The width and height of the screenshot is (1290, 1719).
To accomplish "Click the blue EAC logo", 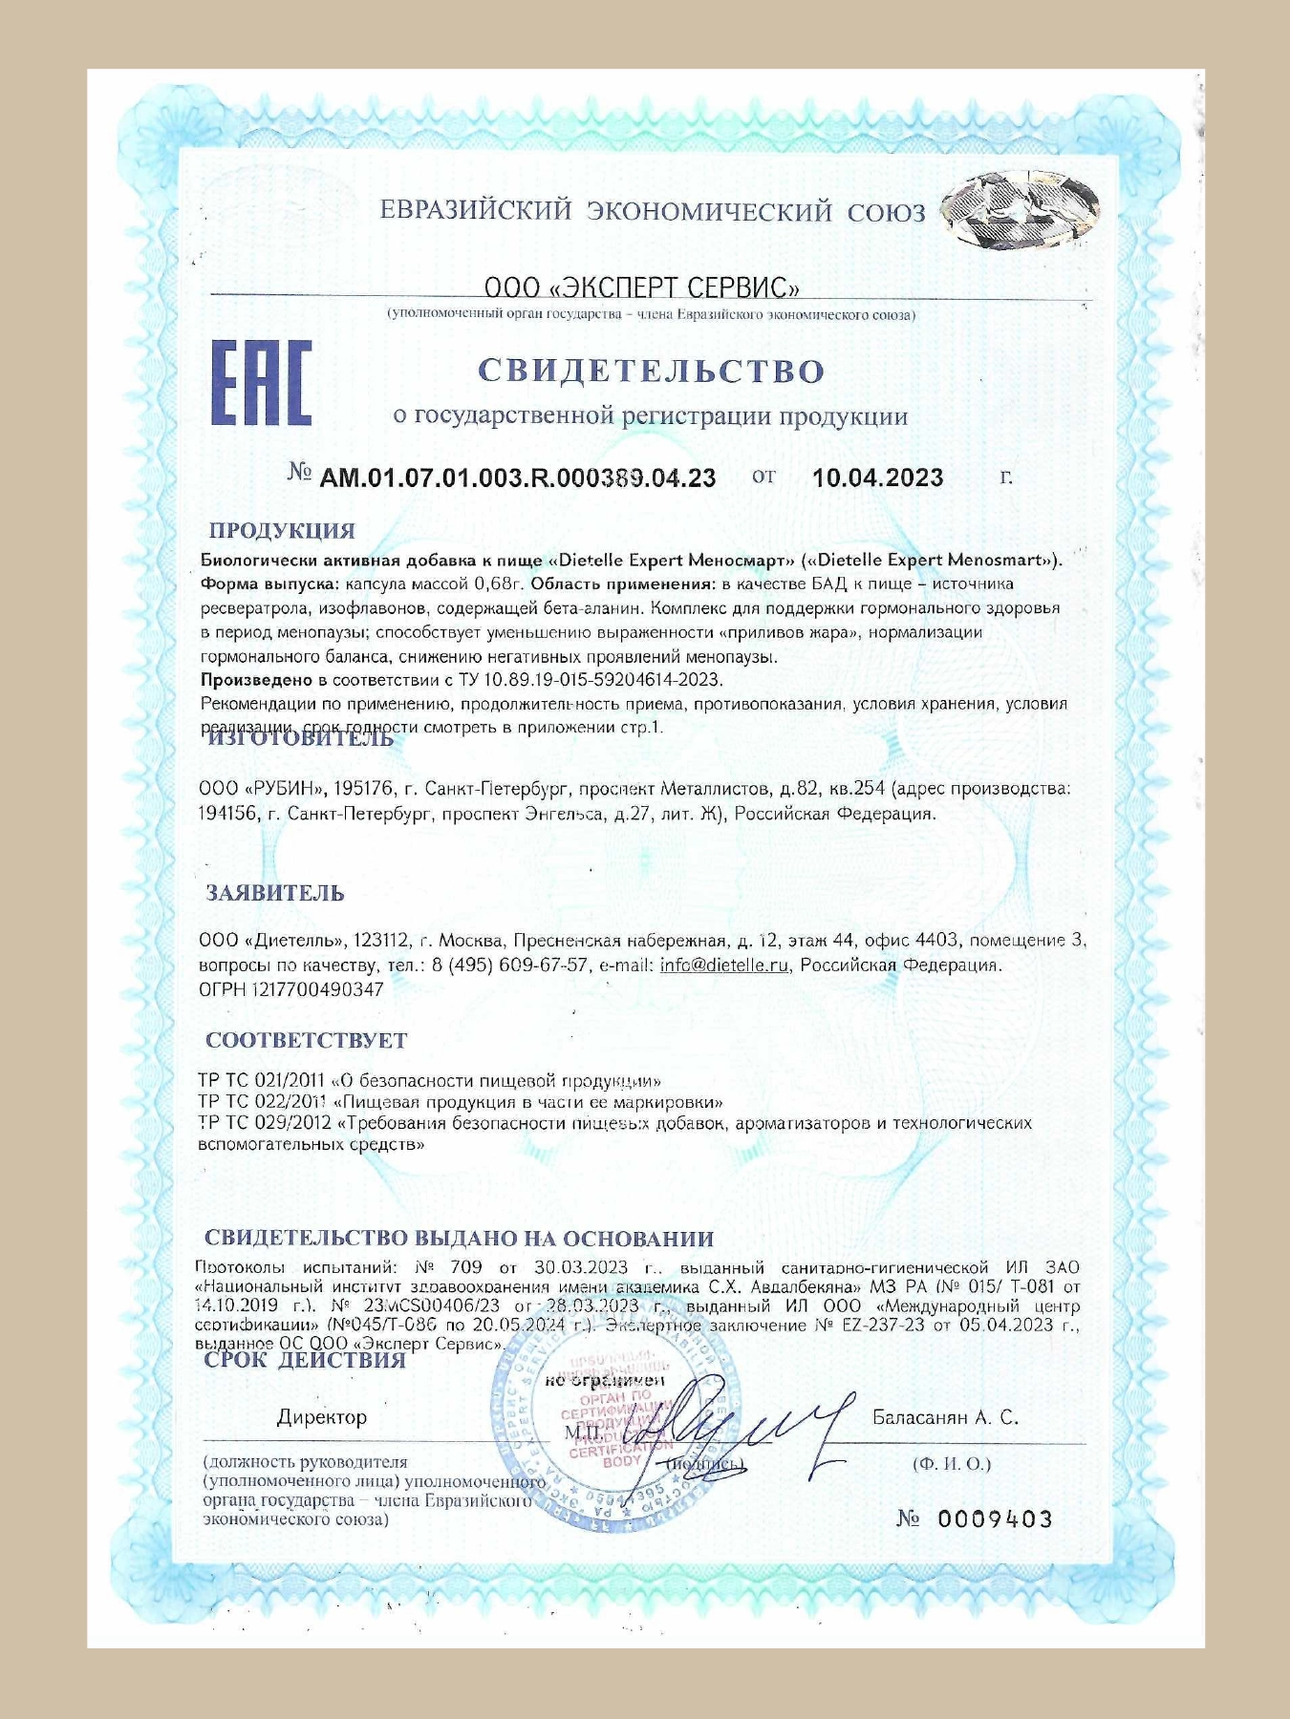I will tap(261, 383).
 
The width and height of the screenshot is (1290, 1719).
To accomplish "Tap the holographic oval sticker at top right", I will tap(1020, 212).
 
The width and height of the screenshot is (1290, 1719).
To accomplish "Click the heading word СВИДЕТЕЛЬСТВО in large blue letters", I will tap(651, 371).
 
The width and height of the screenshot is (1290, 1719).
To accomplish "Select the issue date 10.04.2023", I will tap(877, 477).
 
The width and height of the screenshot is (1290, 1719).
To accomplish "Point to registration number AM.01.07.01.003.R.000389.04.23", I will tap(517, 477).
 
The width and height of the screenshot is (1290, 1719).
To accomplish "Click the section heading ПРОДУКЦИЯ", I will tap(282, 531).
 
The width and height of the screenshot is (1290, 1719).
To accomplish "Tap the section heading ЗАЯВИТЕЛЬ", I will tap(275, 893).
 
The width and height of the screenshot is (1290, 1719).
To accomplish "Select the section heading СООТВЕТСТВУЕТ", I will tap(306, 1040).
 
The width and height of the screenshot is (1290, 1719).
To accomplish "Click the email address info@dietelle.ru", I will tap(724, 965).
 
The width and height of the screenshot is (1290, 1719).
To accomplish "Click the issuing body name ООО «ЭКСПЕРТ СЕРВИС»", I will tap(641, 286).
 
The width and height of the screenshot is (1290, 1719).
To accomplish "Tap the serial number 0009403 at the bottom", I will tap(995, 1518).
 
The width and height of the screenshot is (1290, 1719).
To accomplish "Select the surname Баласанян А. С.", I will tap(945, 1417).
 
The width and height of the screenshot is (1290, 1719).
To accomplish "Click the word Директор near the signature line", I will tap(322, 1417).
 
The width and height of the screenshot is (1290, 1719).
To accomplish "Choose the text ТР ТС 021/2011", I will tap(262, 1081).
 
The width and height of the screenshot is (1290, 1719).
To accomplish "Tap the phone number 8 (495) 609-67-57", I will tap(510, 965).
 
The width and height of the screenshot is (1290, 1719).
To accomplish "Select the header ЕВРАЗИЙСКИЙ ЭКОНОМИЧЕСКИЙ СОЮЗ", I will tap(653, 211).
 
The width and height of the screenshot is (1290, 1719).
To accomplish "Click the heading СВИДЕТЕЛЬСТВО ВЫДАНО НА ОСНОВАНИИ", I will tap(459, 1239).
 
